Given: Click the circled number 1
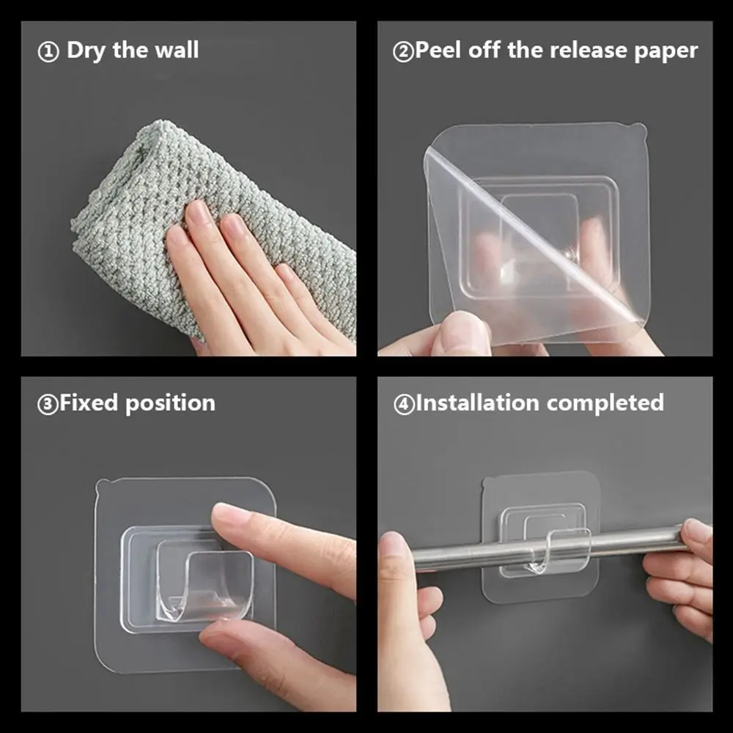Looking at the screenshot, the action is (x=48, y=52).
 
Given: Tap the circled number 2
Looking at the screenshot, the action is (x=403, y=52).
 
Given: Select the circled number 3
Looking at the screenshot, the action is (x=48, y=405).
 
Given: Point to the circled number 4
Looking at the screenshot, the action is (x=404, y=405).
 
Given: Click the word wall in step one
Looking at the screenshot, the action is (x=177, y=50).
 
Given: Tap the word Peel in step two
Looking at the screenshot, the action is (x=438, y=50).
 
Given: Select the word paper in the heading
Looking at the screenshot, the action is (x=666, y=51).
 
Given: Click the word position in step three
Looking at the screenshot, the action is (x=170, y=403).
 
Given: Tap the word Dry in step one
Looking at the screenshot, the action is (x=86, y=51).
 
